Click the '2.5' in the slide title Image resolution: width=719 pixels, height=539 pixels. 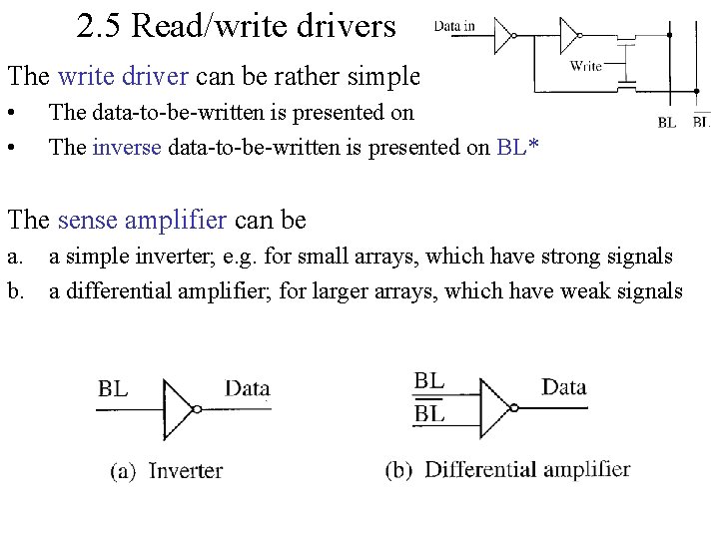tap(98, 26)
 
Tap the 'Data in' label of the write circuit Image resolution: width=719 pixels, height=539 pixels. tap(454, 26)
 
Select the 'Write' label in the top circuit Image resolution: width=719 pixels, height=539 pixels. tap(585, 66)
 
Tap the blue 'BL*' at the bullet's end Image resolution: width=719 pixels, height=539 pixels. tap(517, 148)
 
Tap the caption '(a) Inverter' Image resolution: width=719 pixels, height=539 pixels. tap(166, 471)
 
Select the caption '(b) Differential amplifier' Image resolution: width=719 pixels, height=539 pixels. tap(507, 469)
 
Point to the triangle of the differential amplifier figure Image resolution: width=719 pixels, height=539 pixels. tap(495, 407)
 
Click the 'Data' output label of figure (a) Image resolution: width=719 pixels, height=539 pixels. tap(248, 388)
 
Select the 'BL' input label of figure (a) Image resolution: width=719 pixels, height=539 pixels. tap(113, 388)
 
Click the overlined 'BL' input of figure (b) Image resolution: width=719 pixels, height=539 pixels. tap(429, 413)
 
